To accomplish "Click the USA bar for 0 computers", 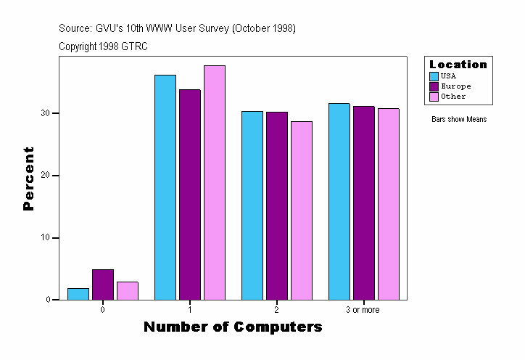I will pos(78,294).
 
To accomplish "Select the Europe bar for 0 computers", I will pos(103,285).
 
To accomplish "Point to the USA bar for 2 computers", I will pos(252,205).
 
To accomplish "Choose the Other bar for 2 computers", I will pos(302,210).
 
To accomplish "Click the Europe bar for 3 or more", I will pos(364,203).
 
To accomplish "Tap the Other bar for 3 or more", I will pos(389,204).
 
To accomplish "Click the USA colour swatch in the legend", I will pos(434,76).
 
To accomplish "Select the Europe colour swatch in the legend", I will pos(434,86).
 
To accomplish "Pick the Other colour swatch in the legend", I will pos(434,97).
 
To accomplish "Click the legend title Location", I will pos(458,65).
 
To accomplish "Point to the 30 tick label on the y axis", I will pos(45,113).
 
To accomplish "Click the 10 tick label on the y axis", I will pos(45,238).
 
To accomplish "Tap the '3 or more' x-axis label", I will pos(363,310).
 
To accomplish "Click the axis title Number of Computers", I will pos(233,327).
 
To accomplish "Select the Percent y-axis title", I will pos(29,179).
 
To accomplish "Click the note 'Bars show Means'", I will pos(459,120).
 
